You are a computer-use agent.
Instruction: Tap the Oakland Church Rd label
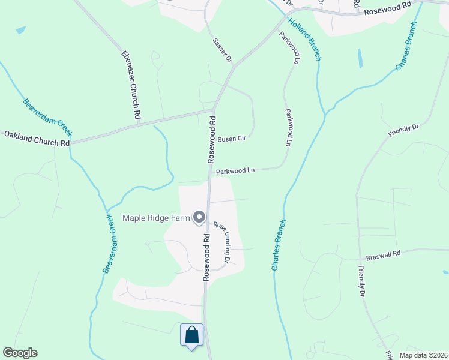[37, 139]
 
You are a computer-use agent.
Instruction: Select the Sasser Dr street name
[221, 50]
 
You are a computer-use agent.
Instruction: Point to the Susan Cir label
[232, 139]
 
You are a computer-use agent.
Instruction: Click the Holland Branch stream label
[304, 40]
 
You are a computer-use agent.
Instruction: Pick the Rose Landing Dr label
[221, 242]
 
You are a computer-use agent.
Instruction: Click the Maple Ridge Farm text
[156, 217]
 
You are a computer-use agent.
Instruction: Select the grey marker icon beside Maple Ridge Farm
[199, 218]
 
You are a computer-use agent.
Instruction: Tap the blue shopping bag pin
[192, 335]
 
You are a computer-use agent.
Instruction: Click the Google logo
[20, 353]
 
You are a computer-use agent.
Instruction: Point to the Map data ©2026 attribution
[423, 355]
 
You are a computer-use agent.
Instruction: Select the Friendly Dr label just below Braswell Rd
[362, 281]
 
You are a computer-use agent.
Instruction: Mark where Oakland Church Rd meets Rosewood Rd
[214, 110]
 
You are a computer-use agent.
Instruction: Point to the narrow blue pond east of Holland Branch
[360, 58]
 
